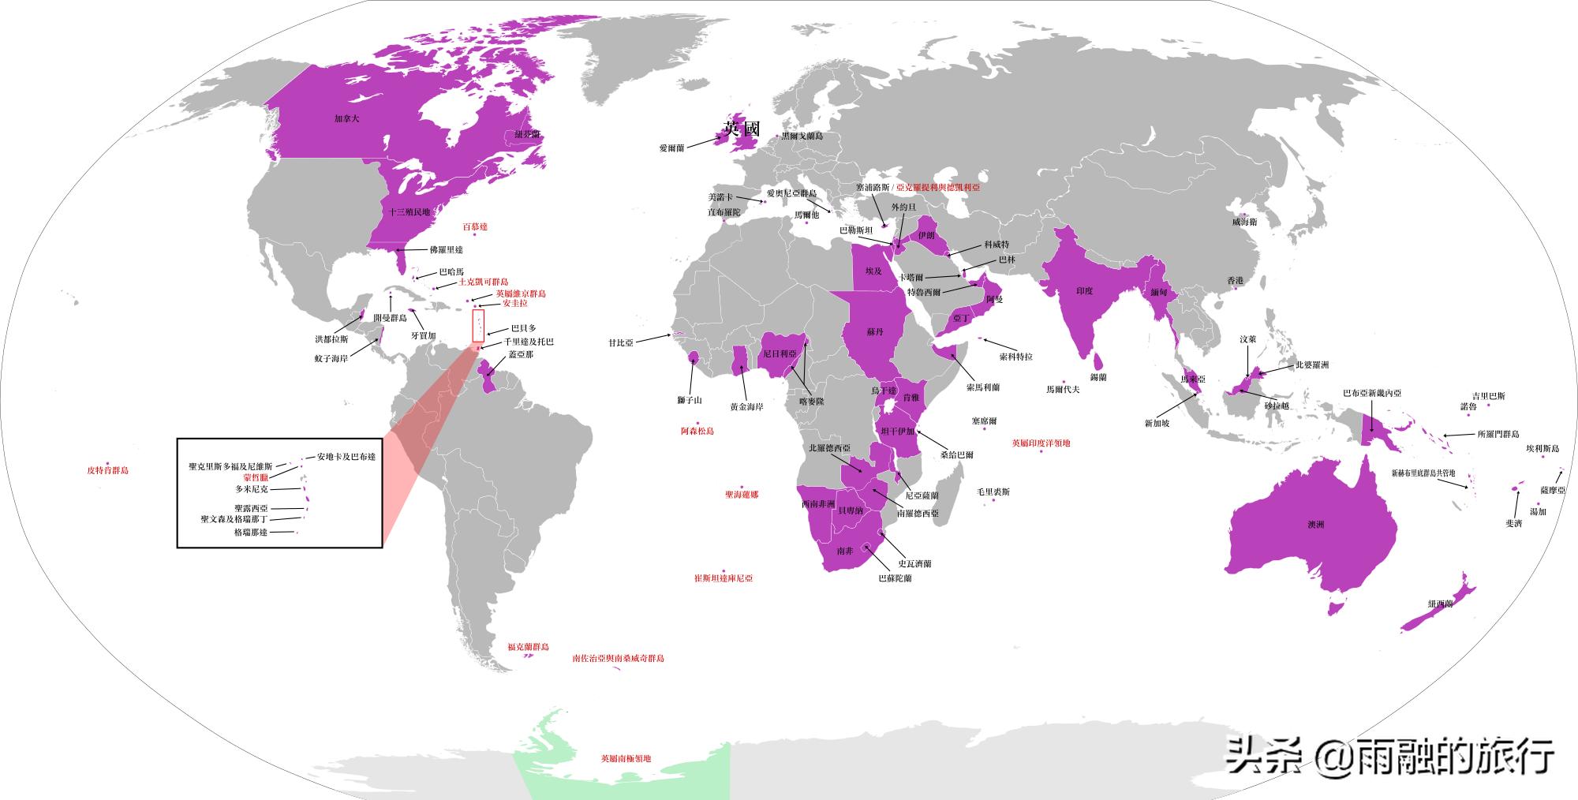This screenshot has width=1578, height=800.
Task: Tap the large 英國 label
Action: pyautogui.click(x=742, y=129)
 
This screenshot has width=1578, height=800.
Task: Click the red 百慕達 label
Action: pyautogui.click(x=475, y=226)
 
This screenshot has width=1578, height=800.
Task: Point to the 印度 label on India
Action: pyautogui.click(x=1085, y=291)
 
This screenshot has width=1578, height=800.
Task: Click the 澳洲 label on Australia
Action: pyautogui.click(x=1315, y=524)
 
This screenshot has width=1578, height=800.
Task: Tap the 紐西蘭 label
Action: pyautogui.click(x=1440, y=604)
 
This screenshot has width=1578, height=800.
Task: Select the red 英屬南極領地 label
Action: pyautogui.click(x=626, y=758)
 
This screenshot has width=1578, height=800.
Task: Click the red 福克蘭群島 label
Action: pyautogui.click(x=528, y=647)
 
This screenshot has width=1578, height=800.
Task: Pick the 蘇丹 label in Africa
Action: pyautogui.click(x=874, y=332)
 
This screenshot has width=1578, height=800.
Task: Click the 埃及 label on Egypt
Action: pyautogui.click(x=873, y=271)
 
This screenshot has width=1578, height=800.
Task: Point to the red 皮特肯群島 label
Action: pyautogui.click(x=107, y=470)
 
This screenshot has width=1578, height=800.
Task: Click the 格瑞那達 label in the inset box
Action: pyautogui.click(x=251, y=533)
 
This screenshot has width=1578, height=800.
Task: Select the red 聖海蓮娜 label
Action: pyautogui.click(x=742, y=495)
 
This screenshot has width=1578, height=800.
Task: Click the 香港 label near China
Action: pyautogui.click(x=1235, y=281)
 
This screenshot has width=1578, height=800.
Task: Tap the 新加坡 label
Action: pyautogui.click(x=1157, y=424)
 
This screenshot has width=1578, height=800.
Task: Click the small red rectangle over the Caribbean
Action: pyautogui.click(x=478, y=326)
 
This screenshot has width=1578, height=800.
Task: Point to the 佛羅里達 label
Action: pyautogui.click(x=446, y=250)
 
